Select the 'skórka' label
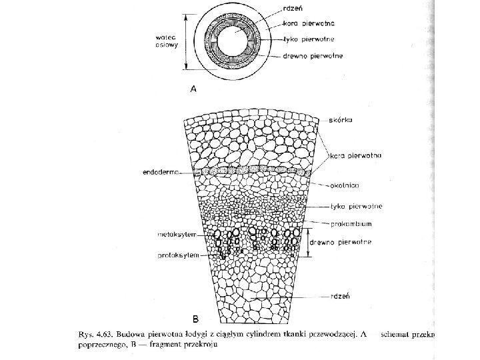pos(342,120)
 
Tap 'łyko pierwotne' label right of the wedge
pos(354,207)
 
